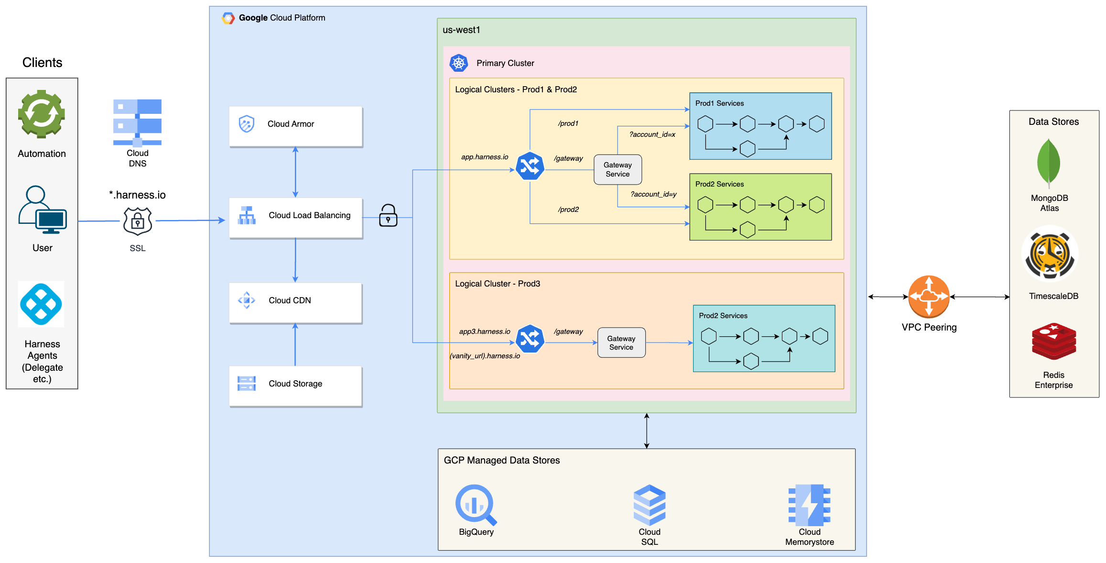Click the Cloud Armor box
pos(295,126)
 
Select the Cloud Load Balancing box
pos(295,218)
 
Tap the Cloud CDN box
pos(295,303)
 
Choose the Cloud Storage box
pos(295,386)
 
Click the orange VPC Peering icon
pos(928,297)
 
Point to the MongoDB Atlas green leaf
pos(1049,163)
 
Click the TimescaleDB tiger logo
pos(1050,254)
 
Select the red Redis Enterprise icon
pos(1053,342)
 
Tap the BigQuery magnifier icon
pos(476,505)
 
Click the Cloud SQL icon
pos(650,505)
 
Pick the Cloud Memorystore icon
pos(809,505)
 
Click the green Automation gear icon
pos(42,114)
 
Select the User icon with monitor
pos(42,210)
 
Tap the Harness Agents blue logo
pos(41,304)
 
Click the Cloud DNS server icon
pos(137,122)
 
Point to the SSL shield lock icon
pos(138,221)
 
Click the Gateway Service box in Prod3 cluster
pos(621,342)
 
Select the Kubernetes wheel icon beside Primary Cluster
pos(459,63)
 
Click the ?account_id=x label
pos(652,134)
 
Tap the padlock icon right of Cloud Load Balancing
pos(388,216)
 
